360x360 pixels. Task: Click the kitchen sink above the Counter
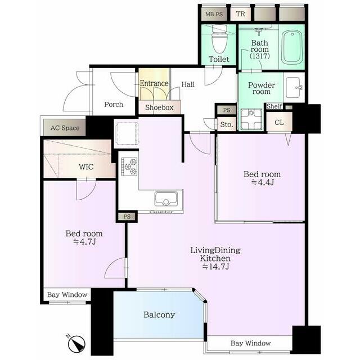click(166, 199)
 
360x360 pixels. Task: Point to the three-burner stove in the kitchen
click(129, 166)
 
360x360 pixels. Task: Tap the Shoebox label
click(159, 107)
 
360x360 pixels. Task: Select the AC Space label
click(65, 128)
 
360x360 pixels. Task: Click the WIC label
click(86, 166)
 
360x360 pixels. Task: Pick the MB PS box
click(214, 14)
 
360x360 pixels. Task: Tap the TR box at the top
click(241, 14)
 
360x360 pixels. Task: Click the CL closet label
click(279, 123)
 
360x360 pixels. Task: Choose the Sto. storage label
click(226, 124)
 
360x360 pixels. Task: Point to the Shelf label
click(274, 106)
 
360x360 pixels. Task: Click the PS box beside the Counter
click(127, 217)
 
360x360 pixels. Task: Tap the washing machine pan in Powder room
click(251, 119)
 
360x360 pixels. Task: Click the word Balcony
click(159, 314)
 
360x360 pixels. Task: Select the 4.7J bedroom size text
click(84, 242)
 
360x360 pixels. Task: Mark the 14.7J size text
click(215, 267)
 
